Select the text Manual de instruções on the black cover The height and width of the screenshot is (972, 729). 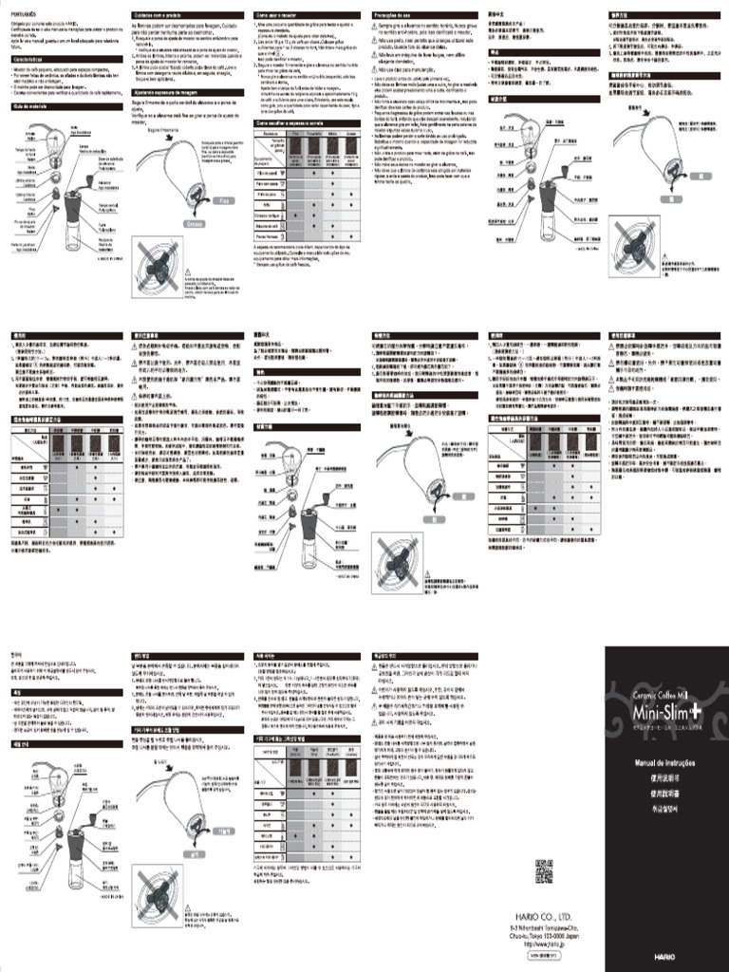click(665, 762)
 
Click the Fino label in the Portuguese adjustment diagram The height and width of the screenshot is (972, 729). click(225, 201)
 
